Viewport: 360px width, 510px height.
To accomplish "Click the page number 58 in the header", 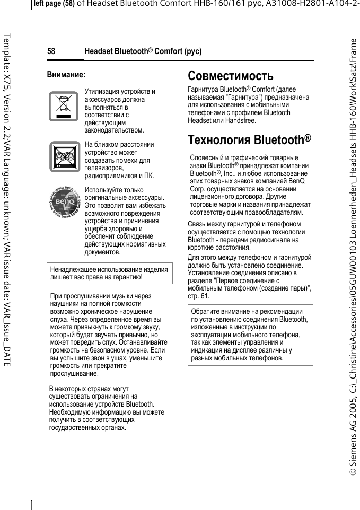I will coord(51,51).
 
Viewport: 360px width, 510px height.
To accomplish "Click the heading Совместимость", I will coord(231,76).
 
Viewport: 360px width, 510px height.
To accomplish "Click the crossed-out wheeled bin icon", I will coord(64,106).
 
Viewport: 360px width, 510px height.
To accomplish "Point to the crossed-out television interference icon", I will coord(64,157).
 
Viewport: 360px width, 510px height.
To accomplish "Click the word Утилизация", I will coord(103,92).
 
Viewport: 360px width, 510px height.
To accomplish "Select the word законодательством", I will coord(114,130).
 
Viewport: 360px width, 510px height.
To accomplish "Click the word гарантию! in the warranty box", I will coord(128,277).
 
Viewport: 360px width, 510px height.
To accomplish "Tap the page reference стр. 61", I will coord(199,295).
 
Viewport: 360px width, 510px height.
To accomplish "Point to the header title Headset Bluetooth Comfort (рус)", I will coord(143,51).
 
